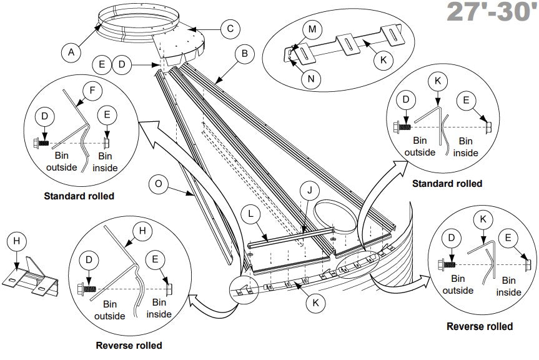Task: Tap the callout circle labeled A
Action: [x=71, y=53]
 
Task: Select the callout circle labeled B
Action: [x=244, y=54]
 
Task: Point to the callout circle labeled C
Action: [x=230, y=28]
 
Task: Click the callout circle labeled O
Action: [x=159, y=183]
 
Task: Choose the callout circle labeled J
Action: [x=309, y=189]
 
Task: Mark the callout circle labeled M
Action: [x=312, y=29]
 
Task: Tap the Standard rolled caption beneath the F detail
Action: [x=79, y=196]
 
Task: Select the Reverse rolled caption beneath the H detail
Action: [x=129, y=345]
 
